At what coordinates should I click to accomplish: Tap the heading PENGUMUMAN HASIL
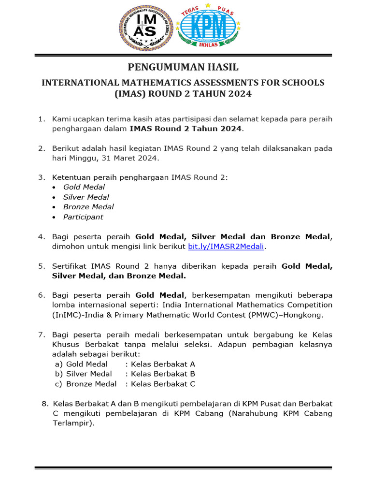(x=183, y=67)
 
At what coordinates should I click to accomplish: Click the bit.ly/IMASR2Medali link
(x=227, y=247)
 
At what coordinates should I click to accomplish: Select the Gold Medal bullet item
(x=84, y=187)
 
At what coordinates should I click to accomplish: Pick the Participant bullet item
(x=83, y=217)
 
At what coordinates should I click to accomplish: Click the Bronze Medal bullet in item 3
(x=88, y=207)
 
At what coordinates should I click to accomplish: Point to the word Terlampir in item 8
(x=72, y=423)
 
